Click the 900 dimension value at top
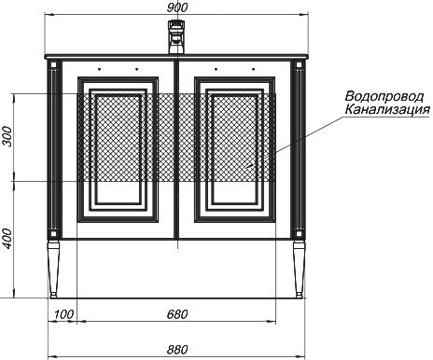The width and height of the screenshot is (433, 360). pos(177,7)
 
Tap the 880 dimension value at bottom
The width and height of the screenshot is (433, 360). pos(177,350)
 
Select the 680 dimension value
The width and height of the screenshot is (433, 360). pos(177,314)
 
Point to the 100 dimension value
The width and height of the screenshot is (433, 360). pos(64,314)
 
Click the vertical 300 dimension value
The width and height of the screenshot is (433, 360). pos(7,136)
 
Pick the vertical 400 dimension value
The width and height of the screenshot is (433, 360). pos(7,239)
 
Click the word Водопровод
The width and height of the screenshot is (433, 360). pos(384,96)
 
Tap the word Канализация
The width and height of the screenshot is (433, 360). pos(387,109)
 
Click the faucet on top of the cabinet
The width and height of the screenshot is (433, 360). pos(177,37)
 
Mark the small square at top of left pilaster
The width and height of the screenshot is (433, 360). pos(53,64)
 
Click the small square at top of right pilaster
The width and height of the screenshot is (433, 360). pos(300,64)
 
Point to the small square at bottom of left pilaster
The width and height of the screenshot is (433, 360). pos(53,234)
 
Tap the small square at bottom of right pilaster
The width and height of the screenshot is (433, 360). pos(300,234)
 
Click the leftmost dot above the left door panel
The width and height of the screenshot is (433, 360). pos(99,69)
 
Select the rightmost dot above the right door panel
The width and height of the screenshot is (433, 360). pos(254,69)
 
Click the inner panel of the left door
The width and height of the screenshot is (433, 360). pos(119,149)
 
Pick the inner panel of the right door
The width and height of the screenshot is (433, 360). pos(235,149)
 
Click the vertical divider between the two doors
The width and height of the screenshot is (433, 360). pos(176,150)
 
